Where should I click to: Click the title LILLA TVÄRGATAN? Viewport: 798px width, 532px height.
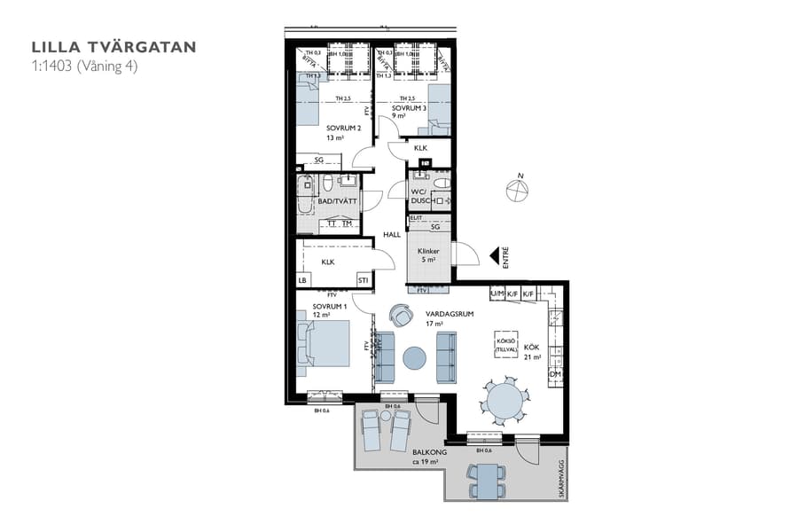point(113,47)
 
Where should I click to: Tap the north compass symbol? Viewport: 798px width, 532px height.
point(517,190)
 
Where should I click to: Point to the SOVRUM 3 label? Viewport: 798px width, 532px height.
point(410,110)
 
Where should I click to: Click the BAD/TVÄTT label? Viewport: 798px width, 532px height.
point(337,201)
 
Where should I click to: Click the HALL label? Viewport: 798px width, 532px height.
point(391,235)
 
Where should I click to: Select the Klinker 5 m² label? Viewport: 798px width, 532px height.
point(428,255)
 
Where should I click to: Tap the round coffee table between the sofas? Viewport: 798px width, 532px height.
point(414,357)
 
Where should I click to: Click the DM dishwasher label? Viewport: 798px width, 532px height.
point(555,375)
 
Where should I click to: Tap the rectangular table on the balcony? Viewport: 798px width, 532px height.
point(488,481)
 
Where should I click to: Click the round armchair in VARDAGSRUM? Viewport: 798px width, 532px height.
point(401,315)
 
